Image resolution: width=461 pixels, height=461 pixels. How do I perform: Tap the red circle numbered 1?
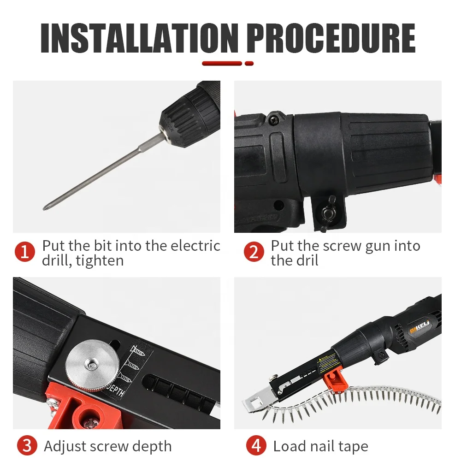(x=25, y=252)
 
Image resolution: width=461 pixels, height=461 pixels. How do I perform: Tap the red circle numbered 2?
(x=254, y=252)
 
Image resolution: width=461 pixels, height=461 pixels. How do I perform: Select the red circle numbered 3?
(x=27, y=446)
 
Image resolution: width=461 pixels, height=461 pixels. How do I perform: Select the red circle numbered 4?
(x=256, y=446)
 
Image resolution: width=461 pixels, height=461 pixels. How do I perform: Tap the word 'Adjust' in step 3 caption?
(x=66, y=446)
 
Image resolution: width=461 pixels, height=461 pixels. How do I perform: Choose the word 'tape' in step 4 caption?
(x=353, y=446)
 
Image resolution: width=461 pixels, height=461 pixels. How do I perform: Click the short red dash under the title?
(x=249, y=63)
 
